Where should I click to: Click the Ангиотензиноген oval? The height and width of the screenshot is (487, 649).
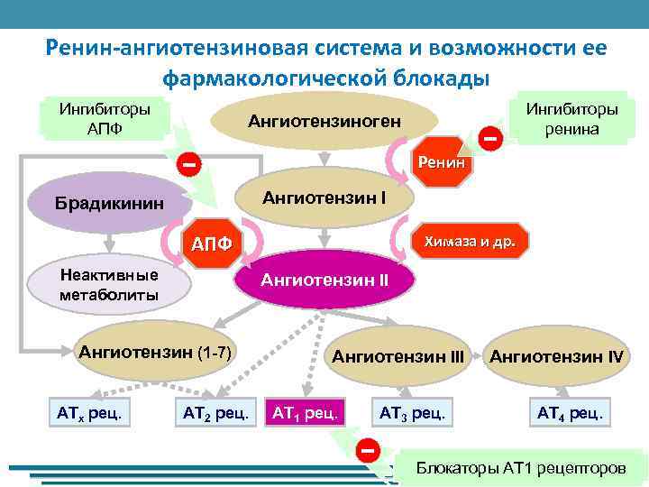pos(325,122)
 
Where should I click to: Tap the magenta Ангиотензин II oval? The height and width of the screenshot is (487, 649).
pos(324,280)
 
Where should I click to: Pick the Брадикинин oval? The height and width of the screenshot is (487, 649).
pos(108,204)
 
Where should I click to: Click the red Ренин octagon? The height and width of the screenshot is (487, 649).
pos(441,163)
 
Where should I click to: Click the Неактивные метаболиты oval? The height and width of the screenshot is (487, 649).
pos(108,284)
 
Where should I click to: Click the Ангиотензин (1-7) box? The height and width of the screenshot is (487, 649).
pos(156,352)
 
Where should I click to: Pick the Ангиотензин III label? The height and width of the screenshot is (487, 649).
pos(398,356)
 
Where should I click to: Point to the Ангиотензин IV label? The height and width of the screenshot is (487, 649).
pos(556,356)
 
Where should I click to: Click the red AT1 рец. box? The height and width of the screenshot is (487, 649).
pos(304,413)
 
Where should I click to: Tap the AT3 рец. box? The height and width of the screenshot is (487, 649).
pos(412,413)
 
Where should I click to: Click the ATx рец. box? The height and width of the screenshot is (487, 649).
pos(88,413)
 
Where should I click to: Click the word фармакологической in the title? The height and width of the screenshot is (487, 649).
pos(277,78)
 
